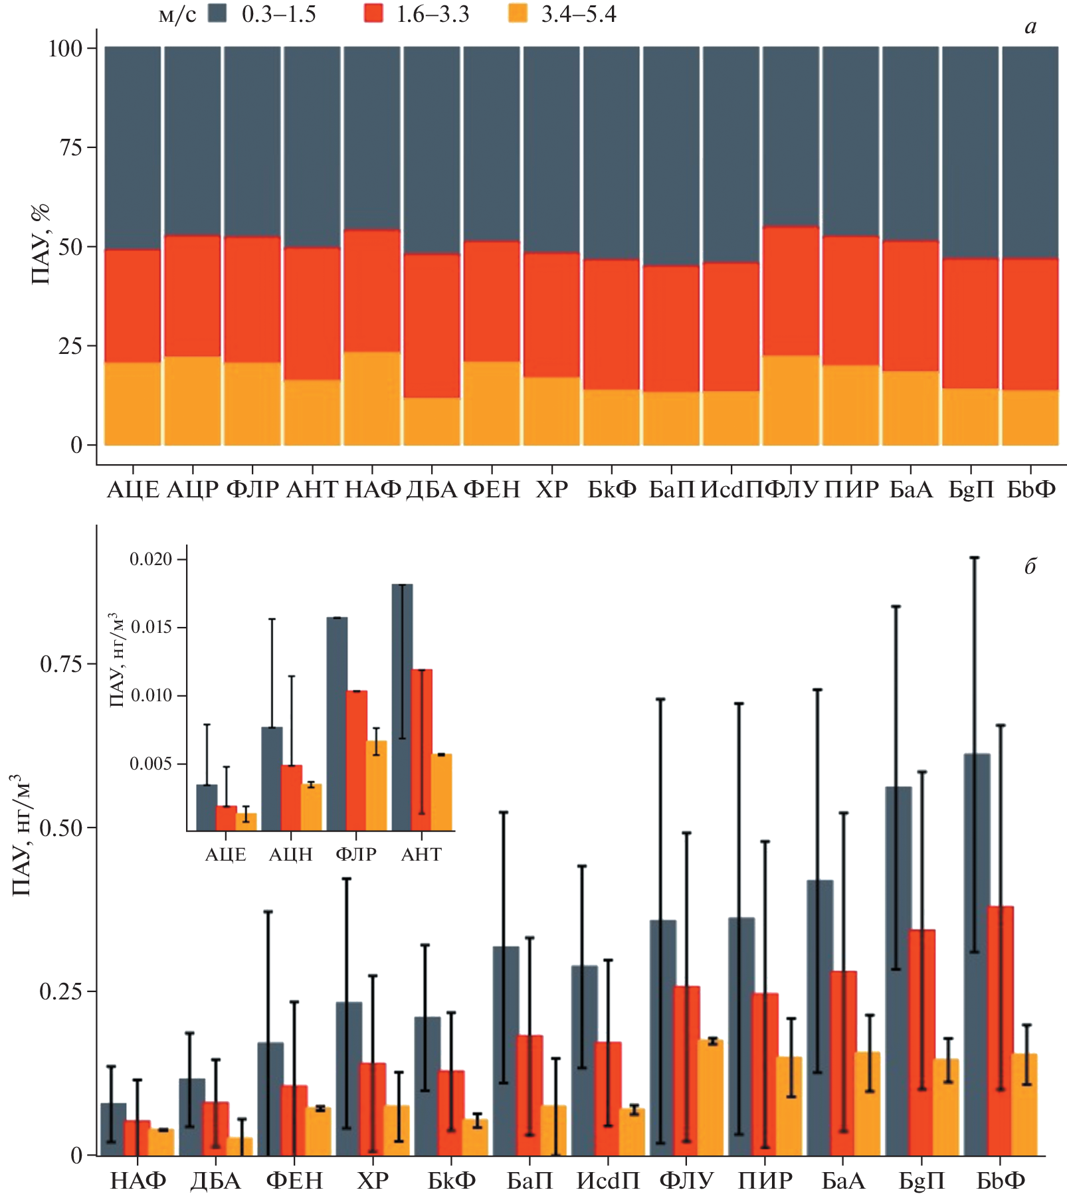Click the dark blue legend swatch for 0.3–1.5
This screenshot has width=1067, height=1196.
coord(217,13)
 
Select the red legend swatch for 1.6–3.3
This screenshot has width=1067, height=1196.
coord(373,13)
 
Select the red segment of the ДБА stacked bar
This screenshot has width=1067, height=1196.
coord(432,325)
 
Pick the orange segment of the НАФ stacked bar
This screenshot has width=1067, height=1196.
coord(372,398)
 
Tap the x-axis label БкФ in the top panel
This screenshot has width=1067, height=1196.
coord(612,490)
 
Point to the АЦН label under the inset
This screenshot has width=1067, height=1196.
coord(290,855)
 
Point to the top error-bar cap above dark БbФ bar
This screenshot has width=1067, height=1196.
coord(974,558)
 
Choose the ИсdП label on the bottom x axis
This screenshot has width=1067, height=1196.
coord(608,1181)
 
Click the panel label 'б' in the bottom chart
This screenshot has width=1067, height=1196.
coord(1030,566)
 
